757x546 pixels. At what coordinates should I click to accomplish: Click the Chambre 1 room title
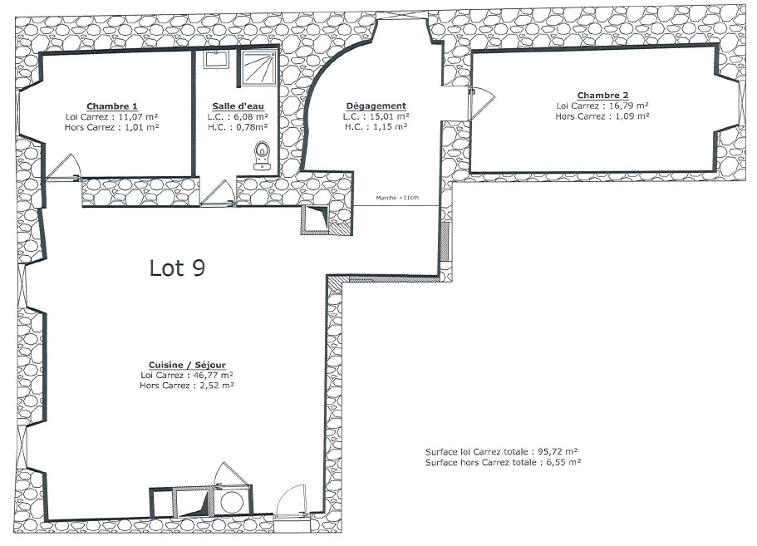click(112, 106)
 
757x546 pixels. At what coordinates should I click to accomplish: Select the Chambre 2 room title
click(602, 95)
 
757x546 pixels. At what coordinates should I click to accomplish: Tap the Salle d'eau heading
click(238, 106)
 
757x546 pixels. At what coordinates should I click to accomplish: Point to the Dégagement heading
click(376, 106)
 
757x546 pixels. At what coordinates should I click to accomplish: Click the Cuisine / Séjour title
click(187, 365)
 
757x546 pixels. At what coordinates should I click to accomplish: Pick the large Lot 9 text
click(177, 268)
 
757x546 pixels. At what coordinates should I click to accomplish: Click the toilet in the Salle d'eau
click(262, 155)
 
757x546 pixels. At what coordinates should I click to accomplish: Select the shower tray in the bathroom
click(259, 67)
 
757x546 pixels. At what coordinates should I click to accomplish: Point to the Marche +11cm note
click(397, 198)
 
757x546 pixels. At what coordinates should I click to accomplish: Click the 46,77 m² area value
click(209, 375)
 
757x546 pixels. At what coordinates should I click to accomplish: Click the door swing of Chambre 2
click(482, 103)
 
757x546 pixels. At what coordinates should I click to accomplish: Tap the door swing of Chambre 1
click(64, 166)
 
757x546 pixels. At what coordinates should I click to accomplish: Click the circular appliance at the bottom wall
click(231, 503)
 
